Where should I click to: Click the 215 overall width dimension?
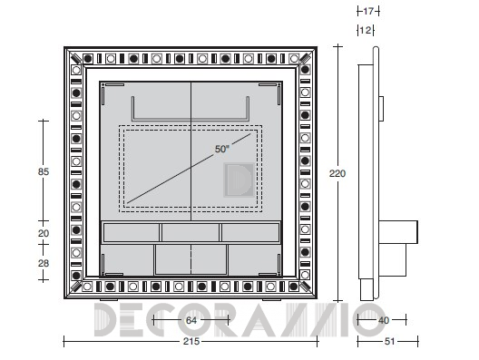coord(191,341)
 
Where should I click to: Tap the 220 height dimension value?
coord(337,173)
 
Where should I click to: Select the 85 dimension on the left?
coord(44,171)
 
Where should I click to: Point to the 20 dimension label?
coord(44,233)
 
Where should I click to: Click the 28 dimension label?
coord(44,263)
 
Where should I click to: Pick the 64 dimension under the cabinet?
coord(191,320)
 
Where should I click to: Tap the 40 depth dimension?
coord(384,320)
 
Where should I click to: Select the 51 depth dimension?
coord(389,341)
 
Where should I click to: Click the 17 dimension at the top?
coord(368,11)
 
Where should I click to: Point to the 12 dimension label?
coord(366,30)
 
